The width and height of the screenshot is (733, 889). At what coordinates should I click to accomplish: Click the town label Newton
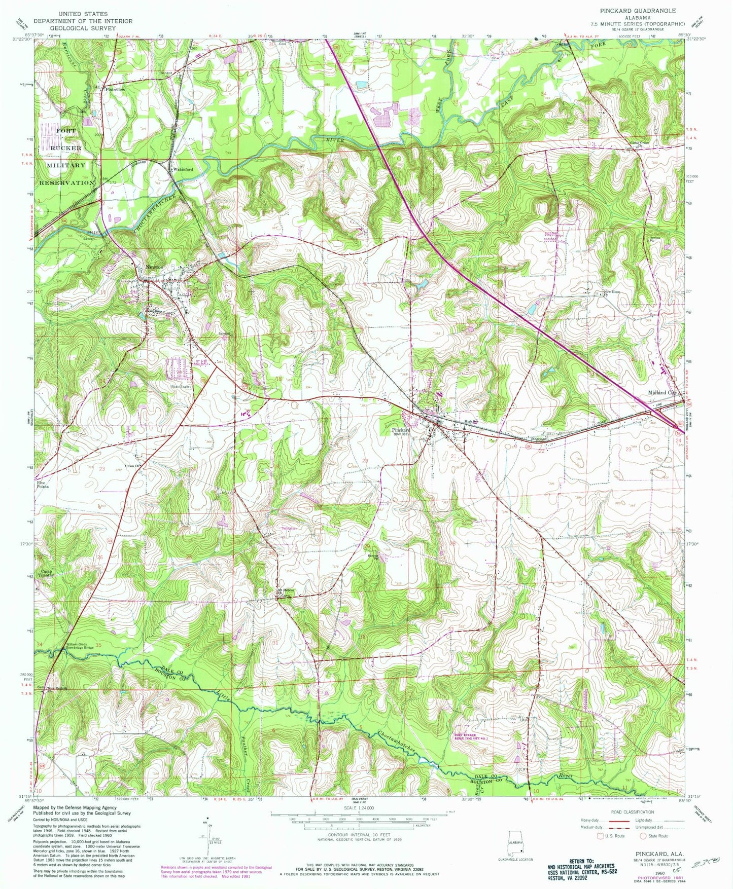pos(155,267)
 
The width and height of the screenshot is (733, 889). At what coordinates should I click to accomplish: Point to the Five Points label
pos(43,485)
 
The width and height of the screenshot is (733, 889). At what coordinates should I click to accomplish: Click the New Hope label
pos(611,292)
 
